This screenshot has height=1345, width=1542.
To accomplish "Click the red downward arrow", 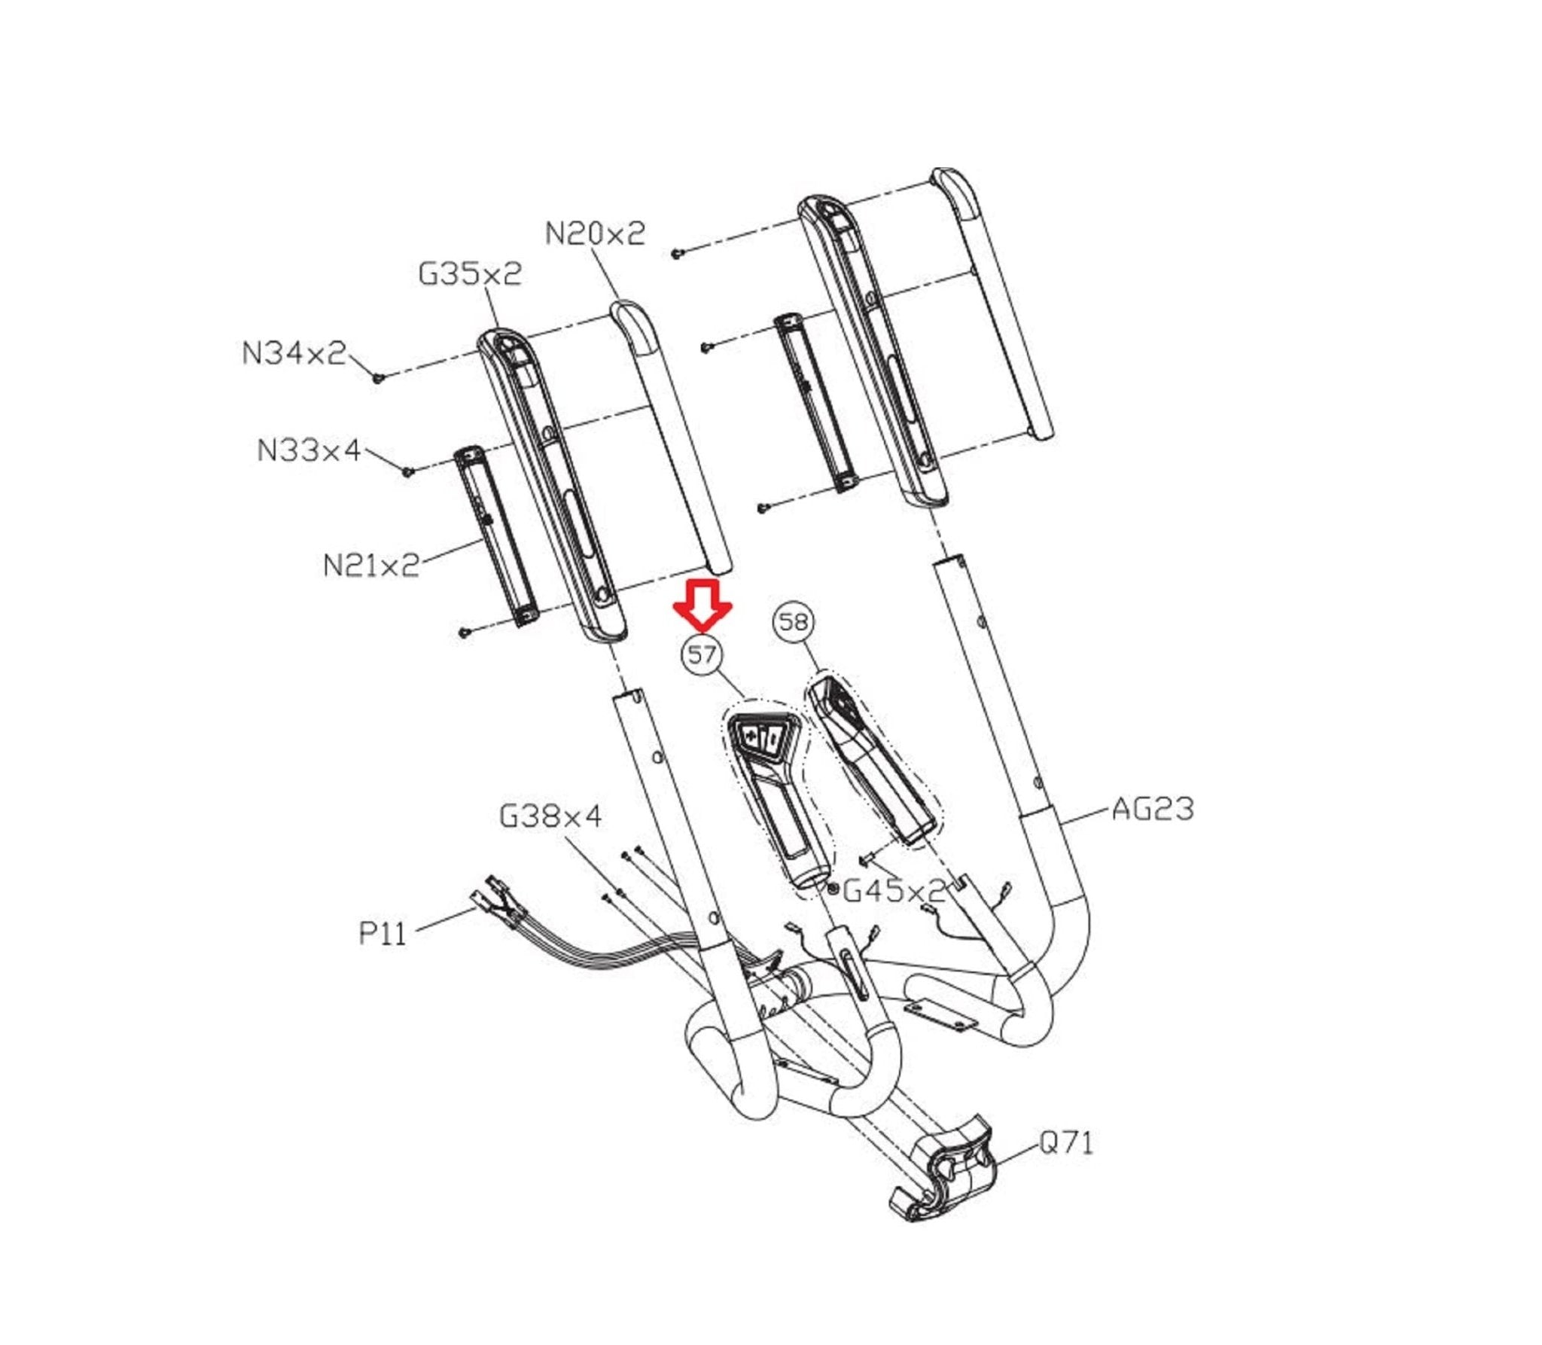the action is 702,603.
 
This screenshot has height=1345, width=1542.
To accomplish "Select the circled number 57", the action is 702,654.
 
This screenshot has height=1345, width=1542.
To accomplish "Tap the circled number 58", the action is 794,622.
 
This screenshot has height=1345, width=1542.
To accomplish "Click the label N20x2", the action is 595,234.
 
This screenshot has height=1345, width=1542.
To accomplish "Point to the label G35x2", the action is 470,274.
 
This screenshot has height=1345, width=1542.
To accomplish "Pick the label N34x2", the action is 294,352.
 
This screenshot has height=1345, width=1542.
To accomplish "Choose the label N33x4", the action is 309,450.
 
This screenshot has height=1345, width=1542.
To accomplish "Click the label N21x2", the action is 371,565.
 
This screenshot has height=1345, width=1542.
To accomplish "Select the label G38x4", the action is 550,816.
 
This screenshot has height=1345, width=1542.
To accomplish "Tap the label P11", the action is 382,934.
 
